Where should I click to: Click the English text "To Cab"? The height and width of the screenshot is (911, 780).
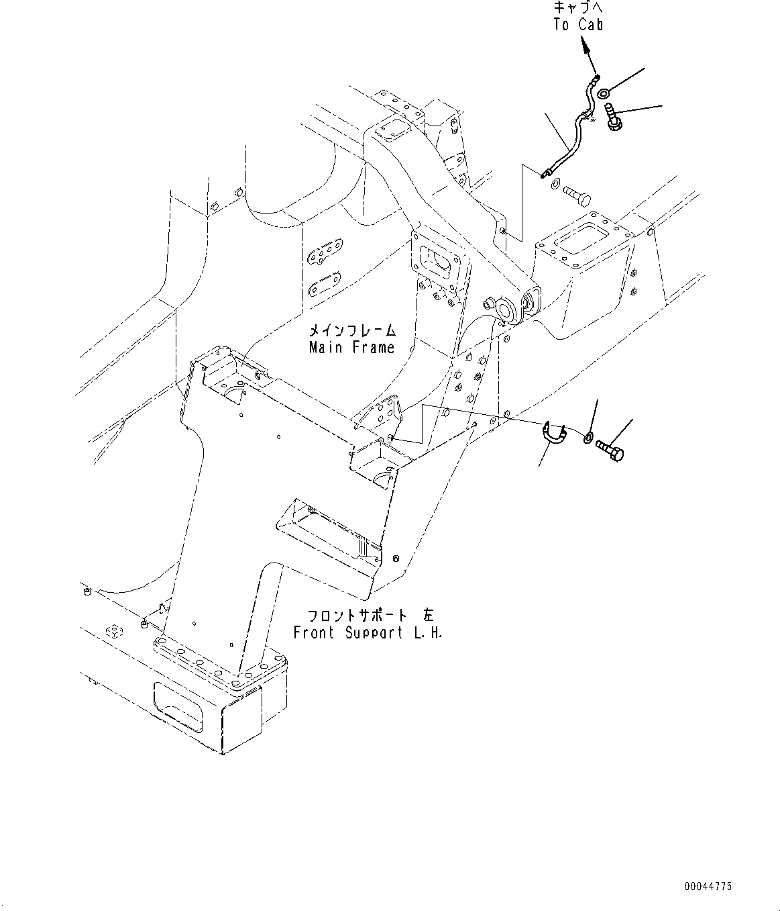(578, 25)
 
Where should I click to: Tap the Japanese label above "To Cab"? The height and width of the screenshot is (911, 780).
(578, 8)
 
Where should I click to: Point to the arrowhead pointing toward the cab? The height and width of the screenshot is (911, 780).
(585, 45)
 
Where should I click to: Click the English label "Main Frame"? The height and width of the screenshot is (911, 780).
(351, 348)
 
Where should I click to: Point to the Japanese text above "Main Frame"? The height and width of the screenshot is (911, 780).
(351, 331)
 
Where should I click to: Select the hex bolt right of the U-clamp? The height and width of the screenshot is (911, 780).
(609, 448)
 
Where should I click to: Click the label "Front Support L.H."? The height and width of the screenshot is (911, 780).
(368, 632)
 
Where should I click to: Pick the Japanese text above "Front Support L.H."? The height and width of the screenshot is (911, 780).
(368, 616)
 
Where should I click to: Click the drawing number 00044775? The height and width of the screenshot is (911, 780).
(708, 887)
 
